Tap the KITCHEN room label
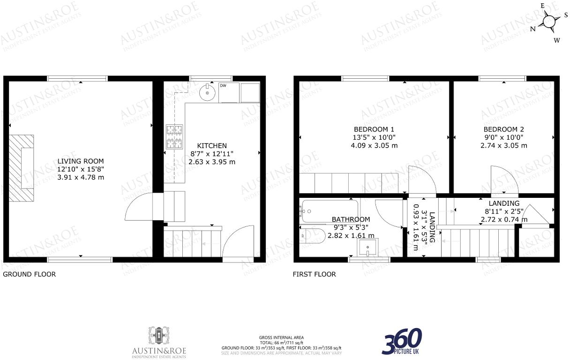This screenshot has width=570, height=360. (x=212, y=146)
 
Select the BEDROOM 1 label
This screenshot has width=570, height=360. (x=374, y=129)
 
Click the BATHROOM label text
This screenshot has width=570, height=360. (x=351, y=219)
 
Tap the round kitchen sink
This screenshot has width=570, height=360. (x=207, y=93)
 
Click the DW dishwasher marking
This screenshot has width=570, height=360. (x=223, y=86)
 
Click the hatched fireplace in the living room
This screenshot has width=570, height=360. (x=22, y=167)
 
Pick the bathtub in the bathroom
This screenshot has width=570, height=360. (x=330, y=210)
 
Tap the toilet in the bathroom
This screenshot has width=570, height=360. (x=313, y=235)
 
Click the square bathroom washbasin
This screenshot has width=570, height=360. (x=368, y=248)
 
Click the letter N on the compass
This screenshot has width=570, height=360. (x=532, y=29)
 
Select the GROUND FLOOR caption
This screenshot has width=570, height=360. (x=30, y=274)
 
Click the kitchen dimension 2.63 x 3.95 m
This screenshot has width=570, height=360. (x=212, y=162)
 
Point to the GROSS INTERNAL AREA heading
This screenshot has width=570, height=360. (x=281, y=337)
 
